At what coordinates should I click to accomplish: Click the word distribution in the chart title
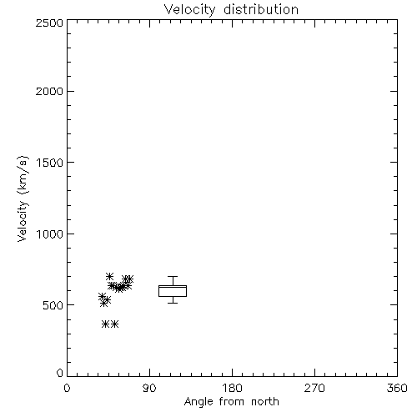click(x=261, y=9)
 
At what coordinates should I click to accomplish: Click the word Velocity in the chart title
click(x=189, y=10)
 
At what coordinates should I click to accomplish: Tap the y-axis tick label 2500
click(x=49, y=23)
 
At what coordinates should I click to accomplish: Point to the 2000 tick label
click(x=49, y=92)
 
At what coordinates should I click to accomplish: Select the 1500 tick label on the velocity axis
click(x=50, y=163)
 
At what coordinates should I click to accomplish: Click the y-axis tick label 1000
click(x=50, y=234)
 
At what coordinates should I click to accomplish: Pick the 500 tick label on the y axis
click(x=53, y=305)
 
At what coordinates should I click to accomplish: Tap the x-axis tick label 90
click(x=149, y=388)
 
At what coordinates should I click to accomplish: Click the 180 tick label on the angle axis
click(x=232, y=388)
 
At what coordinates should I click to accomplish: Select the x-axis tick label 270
click(x=314, y=388)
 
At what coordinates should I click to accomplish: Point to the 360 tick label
click(x=397, y=388)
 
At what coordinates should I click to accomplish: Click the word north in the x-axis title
click(x=265, y=402)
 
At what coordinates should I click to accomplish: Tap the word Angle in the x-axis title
click(x=198, y=402)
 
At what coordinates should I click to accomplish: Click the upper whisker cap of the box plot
click(x=173, y=276)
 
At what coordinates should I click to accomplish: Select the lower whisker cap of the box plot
click(x=173, y=303)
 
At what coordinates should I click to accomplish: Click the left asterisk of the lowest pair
click(x=105, y=324)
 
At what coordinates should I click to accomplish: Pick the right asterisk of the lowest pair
click(x=114, y=324)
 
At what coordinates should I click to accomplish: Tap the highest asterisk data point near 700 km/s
click(x=109, y=276)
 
